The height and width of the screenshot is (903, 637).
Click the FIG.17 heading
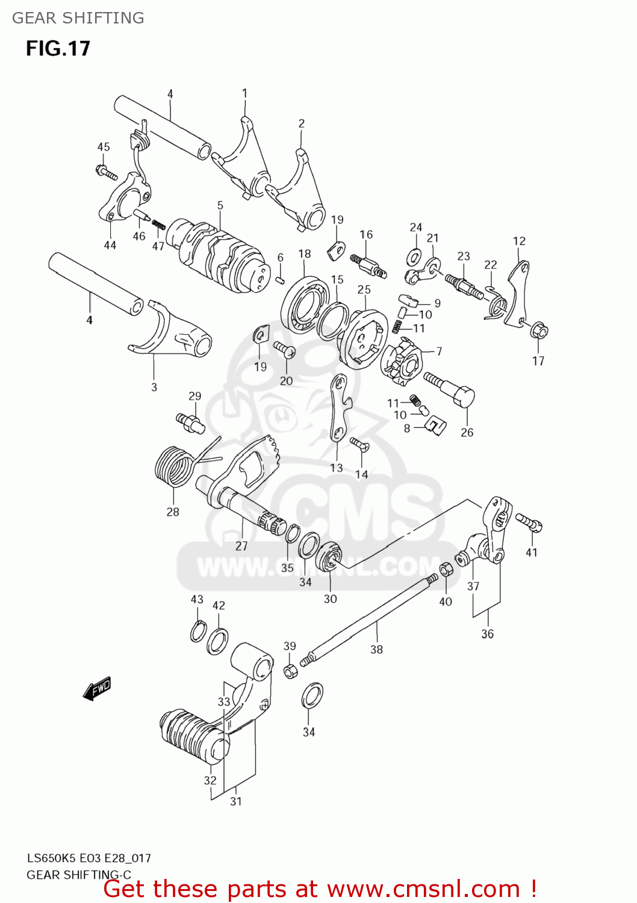(58, 48)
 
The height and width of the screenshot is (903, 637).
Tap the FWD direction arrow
(97, 688)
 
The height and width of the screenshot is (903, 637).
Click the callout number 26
(467, 432)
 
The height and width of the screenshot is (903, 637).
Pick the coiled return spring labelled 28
(175, 465)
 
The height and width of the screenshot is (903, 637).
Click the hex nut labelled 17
(538, 330)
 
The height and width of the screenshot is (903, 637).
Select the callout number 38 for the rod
(376, 649)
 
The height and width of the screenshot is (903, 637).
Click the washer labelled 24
(414, 257)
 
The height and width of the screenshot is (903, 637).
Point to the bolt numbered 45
(107, 172)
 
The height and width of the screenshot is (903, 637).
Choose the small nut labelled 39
(290, 671)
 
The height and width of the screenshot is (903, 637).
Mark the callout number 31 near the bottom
(236, 801)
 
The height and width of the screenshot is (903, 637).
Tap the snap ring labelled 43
(197, 631)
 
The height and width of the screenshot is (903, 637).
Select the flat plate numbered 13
(340, 407)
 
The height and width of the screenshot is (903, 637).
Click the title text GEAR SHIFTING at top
(78, 18)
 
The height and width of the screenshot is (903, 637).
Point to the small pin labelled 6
(280, 279)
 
